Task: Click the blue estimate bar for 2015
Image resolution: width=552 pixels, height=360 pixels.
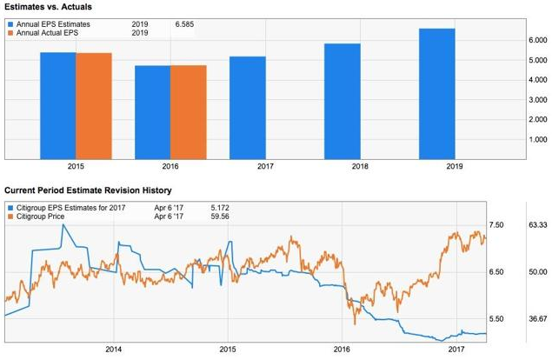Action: (x=57, y=106)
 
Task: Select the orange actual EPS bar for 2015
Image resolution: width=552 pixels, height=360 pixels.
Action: (x=93, y=106)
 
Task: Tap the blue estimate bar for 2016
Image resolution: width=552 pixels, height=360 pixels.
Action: (x=152, y=112)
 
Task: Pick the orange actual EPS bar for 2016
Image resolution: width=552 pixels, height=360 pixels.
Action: (x=188, y=112)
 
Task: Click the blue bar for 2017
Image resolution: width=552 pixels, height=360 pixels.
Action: (x=247, y=108)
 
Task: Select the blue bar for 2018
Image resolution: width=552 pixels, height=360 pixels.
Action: (x=342, y=101)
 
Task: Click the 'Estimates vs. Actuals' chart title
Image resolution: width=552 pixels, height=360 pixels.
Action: (x=49, y=7)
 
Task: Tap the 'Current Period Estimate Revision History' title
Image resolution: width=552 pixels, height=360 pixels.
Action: (x=88, y=190)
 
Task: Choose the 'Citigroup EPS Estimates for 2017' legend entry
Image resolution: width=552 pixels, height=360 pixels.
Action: (x=70, y=208)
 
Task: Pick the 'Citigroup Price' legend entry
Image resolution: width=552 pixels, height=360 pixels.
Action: (x=43, y=217)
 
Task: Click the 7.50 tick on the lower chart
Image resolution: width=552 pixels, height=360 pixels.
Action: (x=498, y=225)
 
